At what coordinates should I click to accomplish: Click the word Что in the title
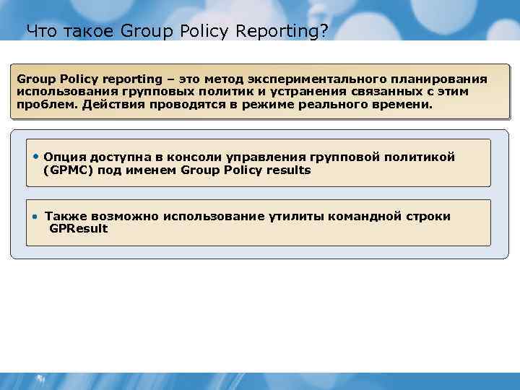[x=39, y=31]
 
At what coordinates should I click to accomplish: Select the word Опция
[x=64, y=157]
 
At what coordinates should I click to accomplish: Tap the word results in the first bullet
[x=286, y=170]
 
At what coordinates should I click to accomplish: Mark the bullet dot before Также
[x=35, y=216]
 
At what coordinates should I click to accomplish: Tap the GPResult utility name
[x=78, y=229]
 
